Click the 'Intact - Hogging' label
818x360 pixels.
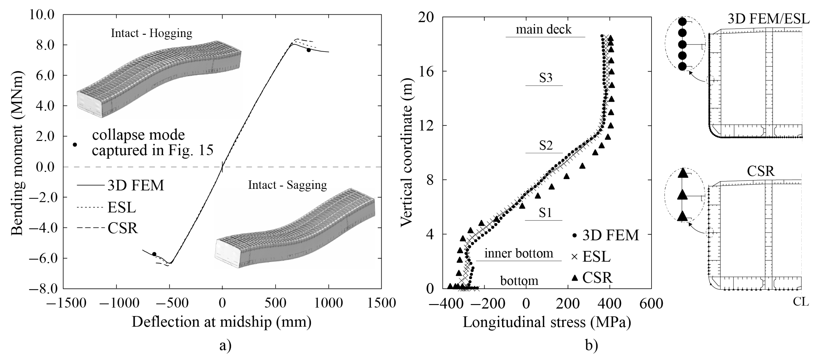[151, 33]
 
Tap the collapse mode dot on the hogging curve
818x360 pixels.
[309, 50]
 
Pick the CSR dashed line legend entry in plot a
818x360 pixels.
[108, 228]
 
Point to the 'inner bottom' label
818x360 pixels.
[519, 253]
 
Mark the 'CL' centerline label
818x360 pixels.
[801, 302]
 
